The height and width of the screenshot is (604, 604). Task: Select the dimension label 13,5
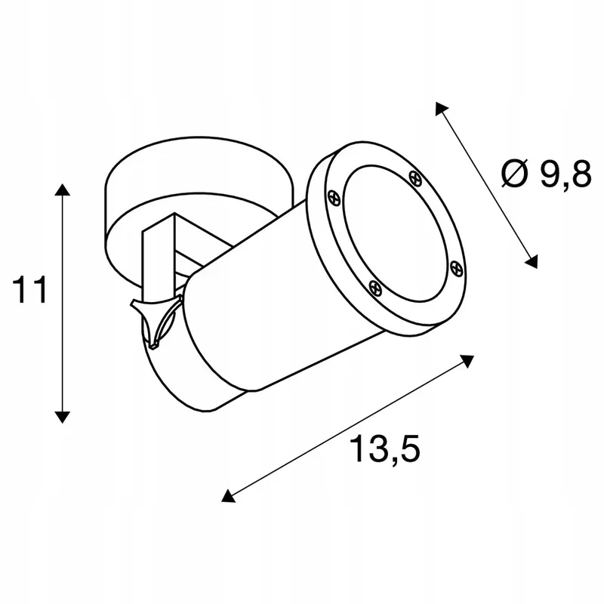384,449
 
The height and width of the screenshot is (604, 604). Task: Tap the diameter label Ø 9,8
546,174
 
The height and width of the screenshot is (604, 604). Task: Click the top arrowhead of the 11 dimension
63,190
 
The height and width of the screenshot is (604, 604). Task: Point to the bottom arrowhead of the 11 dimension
63,418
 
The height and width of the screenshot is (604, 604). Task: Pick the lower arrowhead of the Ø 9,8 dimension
532,262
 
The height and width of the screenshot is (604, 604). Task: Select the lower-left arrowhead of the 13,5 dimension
228,496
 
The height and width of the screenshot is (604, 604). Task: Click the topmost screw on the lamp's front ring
414,178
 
